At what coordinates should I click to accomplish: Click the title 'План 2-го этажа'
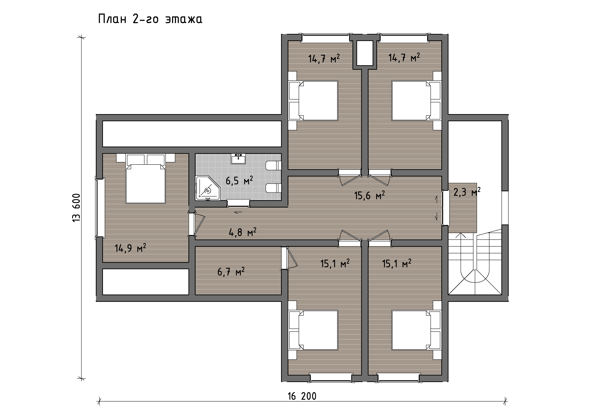[150, 19]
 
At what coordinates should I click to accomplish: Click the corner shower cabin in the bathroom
[207, 188]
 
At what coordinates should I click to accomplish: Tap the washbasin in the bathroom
[238, 159]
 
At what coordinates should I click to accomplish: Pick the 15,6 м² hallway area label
[369, 195]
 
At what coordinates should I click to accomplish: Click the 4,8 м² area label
[242, 232]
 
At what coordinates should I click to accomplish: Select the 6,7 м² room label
[231, 271]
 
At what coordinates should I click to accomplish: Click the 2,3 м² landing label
[467, 192]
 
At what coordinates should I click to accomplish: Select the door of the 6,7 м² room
[289, 258]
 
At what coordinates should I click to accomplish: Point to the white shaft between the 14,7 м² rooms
[365, 53]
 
